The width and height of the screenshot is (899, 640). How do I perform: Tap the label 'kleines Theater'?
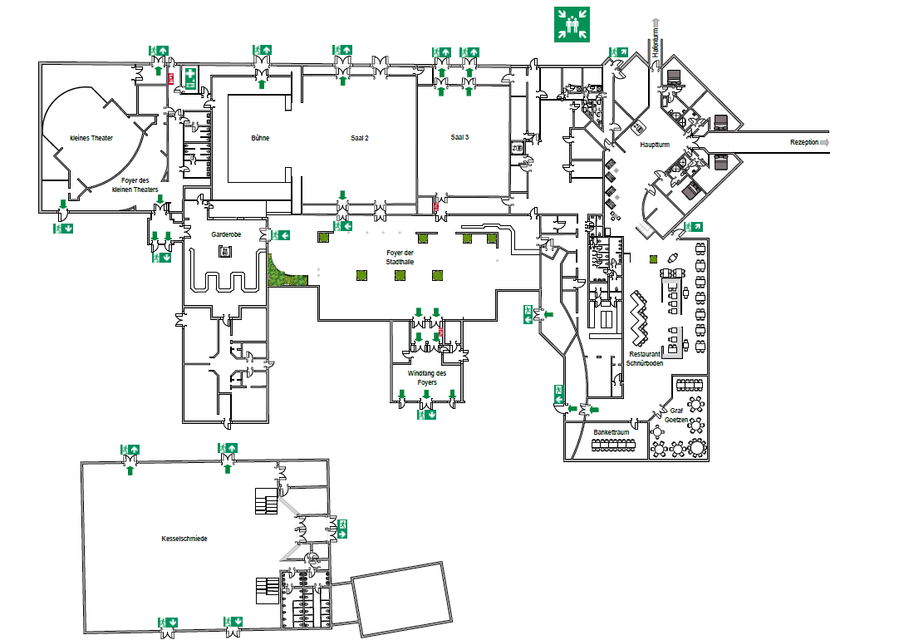[91, 138]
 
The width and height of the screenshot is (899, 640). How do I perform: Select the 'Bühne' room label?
[259, 137]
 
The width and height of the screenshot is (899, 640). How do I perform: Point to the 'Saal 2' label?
[359, 137]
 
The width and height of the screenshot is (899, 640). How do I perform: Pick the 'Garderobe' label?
[225, 235]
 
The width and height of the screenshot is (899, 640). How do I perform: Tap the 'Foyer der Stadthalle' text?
[400, 257]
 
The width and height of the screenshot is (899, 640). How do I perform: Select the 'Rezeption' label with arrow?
[804, 143]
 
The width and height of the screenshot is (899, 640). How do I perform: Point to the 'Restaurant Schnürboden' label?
[645, 358]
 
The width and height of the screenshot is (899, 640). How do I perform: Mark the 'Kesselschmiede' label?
[184, 539]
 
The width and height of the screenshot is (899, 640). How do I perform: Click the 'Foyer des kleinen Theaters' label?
[135, 185]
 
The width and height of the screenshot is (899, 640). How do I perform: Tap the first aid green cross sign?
[191, 78]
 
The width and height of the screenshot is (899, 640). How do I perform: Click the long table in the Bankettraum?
[618, 446]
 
